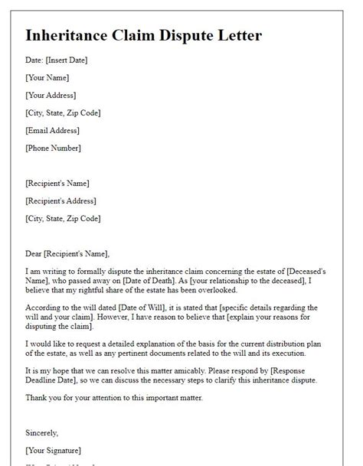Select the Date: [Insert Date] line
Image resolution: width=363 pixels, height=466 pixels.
[60, 60]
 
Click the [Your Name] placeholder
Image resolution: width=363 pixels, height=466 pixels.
[47, 78]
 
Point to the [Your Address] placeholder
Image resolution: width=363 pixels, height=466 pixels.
[51, 96]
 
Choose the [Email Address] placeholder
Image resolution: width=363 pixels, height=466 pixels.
[53, 131]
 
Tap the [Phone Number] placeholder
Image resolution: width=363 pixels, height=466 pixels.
[53, 148]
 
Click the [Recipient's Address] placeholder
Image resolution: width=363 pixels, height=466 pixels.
[60, 201]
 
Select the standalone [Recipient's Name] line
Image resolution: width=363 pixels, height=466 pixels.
[57, 184]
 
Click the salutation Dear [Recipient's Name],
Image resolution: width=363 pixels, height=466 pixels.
[67, 254]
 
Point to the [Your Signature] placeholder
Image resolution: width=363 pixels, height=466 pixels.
[54, 450]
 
